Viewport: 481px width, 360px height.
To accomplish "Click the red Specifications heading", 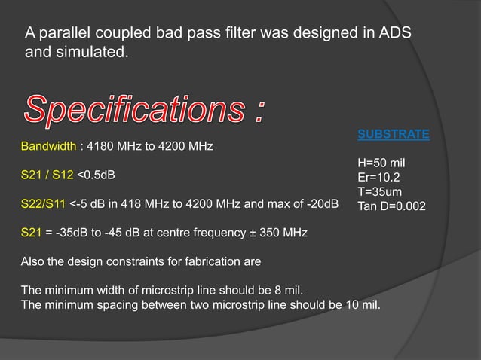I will (143, 111).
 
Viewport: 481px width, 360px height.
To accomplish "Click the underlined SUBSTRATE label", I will (393, 135).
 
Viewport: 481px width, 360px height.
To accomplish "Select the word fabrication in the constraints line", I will (190, 262).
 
